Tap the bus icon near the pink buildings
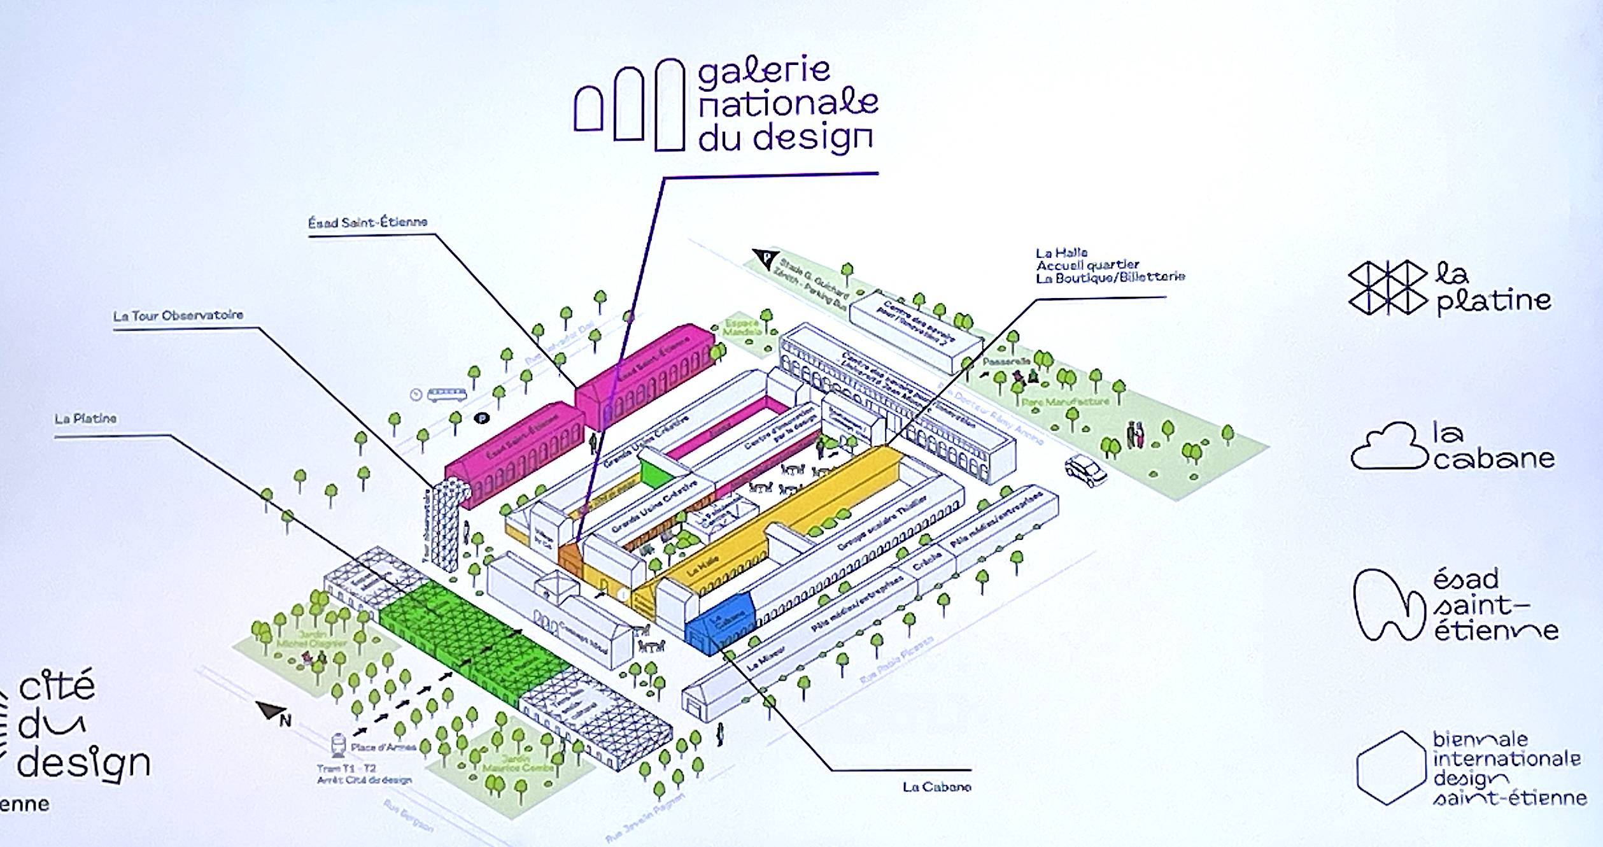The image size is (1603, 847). (x=446, y=395)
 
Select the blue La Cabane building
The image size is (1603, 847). (x=721, y=625)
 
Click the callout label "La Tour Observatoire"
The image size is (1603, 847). (x=178, y=315)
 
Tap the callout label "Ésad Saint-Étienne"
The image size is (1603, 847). (x=368, y=222)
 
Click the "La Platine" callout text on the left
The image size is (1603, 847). (x=85, y=419)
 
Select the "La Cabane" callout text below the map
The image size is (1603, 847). (x=936, y=787)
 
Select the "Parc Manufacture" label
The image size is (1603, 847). (x=1065, y=402)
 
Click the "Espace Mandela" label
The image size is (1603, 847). (x=743, y=327)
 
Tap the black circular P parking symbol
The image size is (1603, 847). (x=482, y=418)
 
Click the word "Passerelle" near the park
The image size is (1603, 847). (x=1005, y=362)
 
